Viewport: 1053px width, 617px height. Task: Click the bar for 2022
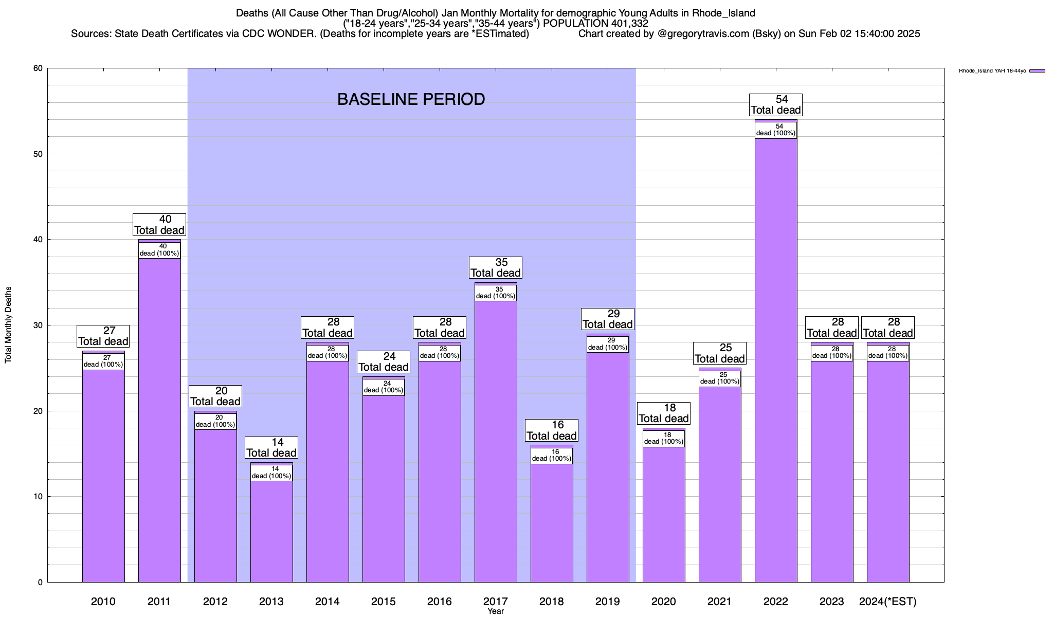(x=776, y=360)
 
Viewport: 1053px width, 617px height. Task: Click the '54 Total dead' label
(x=776, y=105)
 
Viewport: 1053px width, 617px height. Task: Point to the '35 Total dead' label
(x=496, y=268)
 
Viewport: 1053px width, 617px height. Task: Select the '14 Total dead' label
(x=271, y=448)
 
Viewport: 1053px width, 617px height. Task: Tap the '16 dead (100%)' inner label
(x=552, y=456)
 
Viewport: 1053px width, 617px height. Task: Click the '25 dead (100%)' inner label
(x=720, y=378)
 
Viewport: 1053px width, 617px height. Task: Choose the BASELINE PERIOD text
(x=411, y=99)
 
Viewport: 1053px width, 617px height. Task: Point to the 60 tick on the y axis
(x=38, y=68)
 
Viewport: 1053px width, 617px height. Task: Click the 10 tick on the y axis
(x=38, y=497)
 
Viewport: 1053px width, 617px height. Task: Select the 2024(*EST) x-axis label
(x=888, y=602)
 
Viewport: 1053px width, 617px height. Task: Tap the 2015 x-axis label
(x=384, y=602)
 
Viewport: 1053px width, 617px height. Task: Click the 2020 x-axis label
(x=664, y=602)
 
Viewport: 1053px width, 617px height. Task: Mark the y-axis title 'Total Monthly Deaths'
(x=8, y=325)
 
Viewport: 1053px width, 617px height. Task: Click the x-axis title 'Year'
(x=496, y=611)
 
